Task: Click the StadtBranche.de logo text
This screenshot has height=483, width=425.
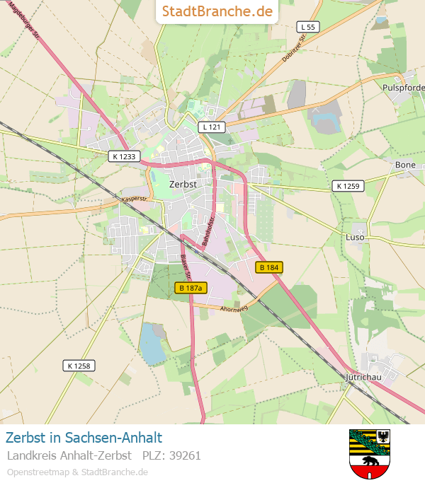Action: click(217, 11)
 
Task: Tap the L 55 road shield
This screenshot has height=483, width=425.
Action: click(307, 27)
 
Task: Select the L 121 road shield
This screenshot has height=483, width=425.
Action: click(211, 127)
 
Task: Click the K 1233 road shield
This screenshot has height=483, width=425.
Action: click(125, 156)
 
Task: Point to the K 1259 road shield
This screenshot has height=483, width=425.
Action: click(348, 186)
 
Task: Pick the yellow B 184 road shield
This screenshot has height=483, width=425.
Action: click(269, 267)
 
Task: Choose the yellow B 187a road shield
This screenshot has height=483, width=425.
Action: click(191, 288)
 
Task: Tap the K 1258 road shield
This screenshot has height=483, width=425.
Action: click(79, 366)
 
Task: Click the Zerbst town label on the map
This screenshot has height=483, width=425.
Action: click(183, 184)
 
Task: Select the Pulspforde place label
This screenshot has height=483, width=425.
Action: click(403, 87)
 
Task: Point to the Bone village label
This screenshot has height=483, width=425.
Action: click(406, 165)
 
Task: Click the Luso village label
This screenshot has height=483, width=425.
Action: click(355, 237)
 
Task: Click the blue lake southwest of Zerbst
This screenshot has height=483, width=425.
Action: click(151, 343)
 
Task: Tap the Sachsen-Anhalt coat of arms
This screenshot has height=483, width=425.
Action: click(370, 453)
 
